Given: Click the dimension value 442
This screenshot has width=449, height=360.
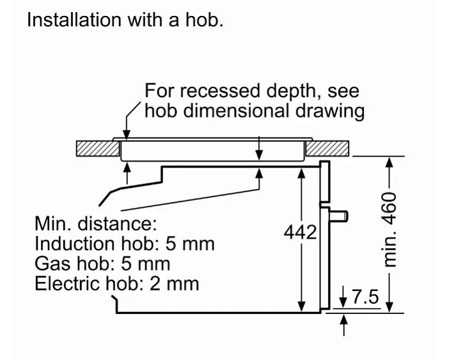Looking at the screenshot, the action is point(301,232).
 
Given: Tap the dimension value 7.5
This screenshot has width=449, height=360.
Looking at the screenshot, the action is point(365,297).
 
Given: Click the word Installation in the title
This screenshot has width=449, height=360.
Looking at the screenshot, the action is point(74,20).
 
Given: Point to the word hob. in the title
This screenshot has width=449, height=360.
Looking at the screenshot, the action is point(205,20).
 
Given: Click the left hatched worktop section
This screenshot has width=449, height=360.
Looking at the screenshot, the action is point(98,148).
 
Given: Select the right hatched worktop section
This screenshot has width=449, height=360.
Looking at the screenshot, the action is point(327,148).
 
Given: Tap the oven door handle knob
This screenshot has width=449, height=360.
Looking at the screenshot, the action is point(339,215).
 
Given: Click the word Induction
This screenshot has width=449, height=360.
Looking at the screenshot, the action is point(74,244).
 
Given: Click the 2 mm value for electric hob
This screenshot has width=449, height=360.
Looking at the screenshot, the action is point(175,284).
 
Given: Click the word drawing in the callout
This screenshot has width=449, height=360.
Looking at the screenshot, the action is point(330,111).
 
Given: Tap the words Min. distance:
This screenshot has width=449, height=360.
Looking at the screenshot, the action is point(96,224).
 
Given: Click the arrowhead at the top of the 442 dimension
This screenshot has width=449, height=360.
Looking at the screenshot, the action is point(301,173).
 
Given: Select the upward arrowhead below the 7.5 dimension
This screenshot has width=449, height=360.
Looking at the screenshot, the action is point(344,318).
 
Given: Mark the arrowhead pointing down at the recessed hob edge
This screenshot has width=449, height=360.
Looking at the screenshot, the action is point(126,134).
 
